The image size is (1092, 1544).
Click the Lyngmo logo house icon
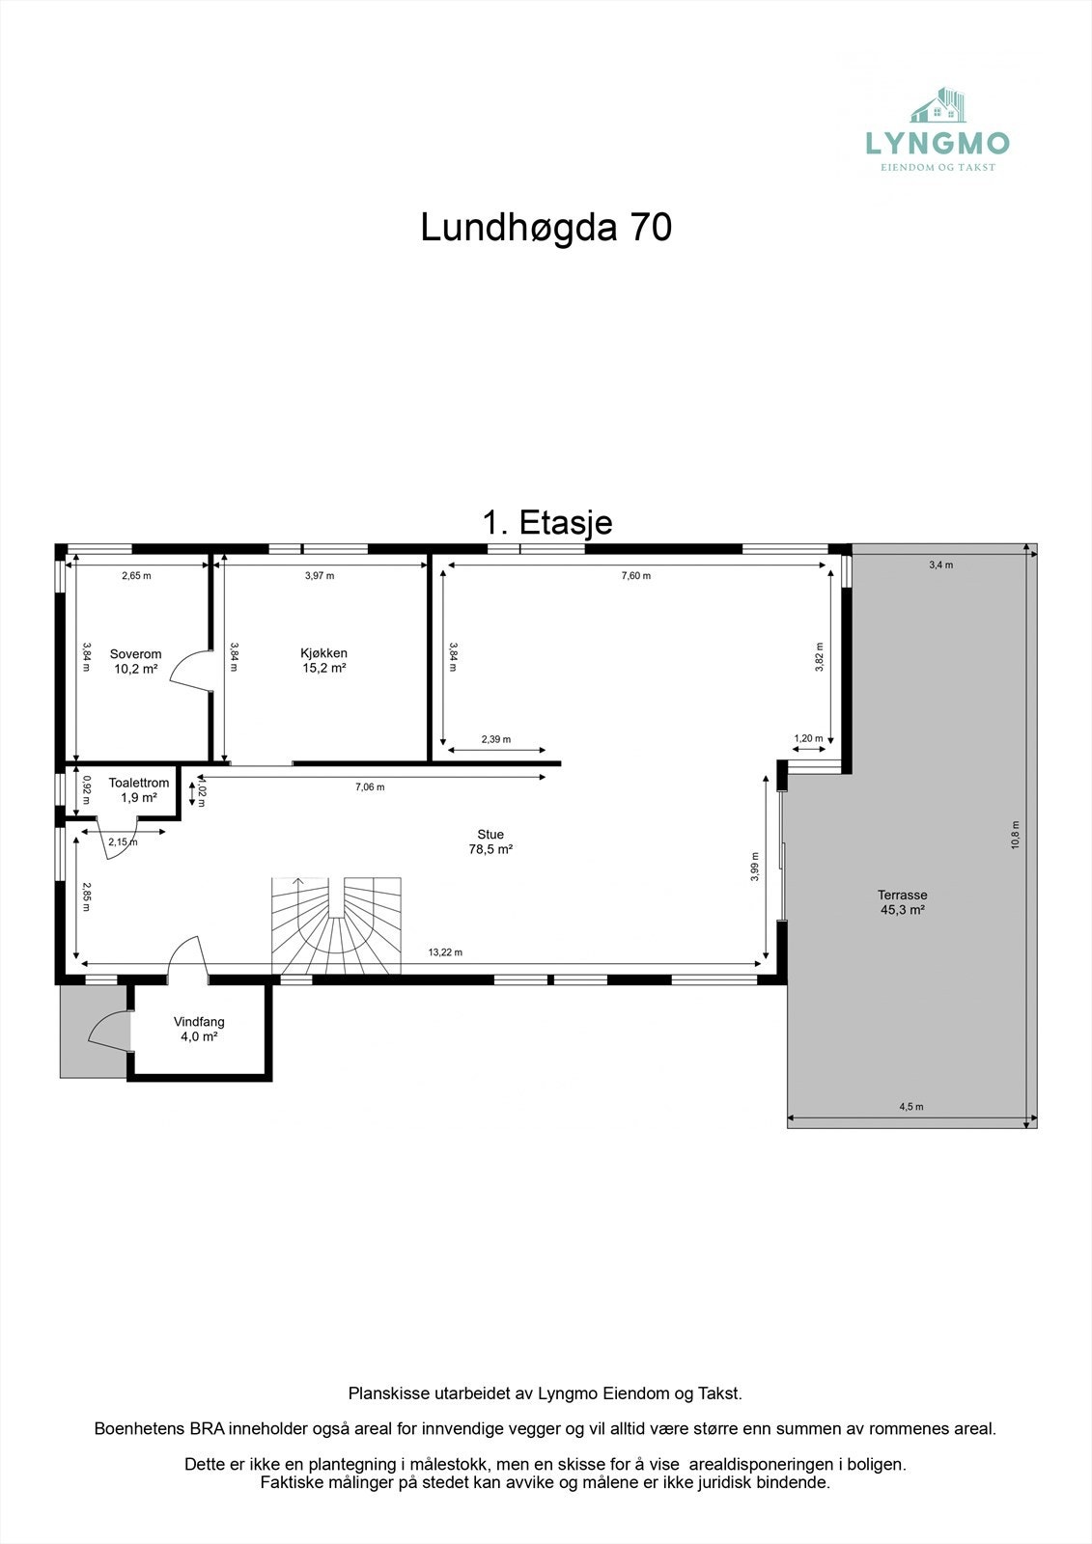pyautogui.click(x=939, y=106)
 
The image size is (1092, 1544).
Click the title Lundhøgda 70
pyautogui.click(x=546, y=228)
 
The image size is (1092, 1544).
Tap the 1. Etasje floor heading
pyautogui.click(x=546, y=522)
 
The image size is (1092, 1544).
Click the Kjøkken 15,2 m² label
pyautogui.click(x=323, y=660)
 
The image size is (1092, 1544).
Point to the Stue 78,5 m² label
pyautogui.click(x=490, y=841)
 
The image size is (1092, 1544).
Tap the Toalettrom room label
pyautogui.click(x=138, y=790)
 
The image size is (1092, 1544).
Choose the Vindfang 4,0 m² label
pyautogui.click(x=199, y=1029)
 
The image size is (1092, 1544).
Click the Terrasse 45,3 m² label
pyautogui.click(x=902, y=901)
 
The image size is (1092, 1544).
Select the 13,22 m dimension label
pyautogui.click(x=445, y=952)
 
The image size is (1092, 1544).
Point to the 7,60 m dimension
pyautogui.click(x=635, y=575)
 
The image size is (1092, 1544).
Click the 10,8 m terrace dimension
pyautogui.click(x=1015, y=835)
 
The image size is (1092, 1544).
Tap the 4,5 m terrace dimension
pyautogui.click(x=910, y=1107)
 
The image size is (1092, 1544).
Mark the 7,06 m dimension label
pyautogui.click(x=370, y=787)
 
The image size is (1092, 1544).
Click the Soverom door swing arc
pyautogui.click(x=188, y=671)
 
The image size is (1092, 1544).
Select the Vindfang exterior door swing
pyautogui.click(x=106, y=1028)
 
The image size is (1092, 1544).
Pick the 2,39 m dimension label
pyautogui.click(x=495, y=739)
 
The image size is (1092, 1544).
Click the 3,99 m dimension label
pyautogui.click(x=755, y=866)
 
